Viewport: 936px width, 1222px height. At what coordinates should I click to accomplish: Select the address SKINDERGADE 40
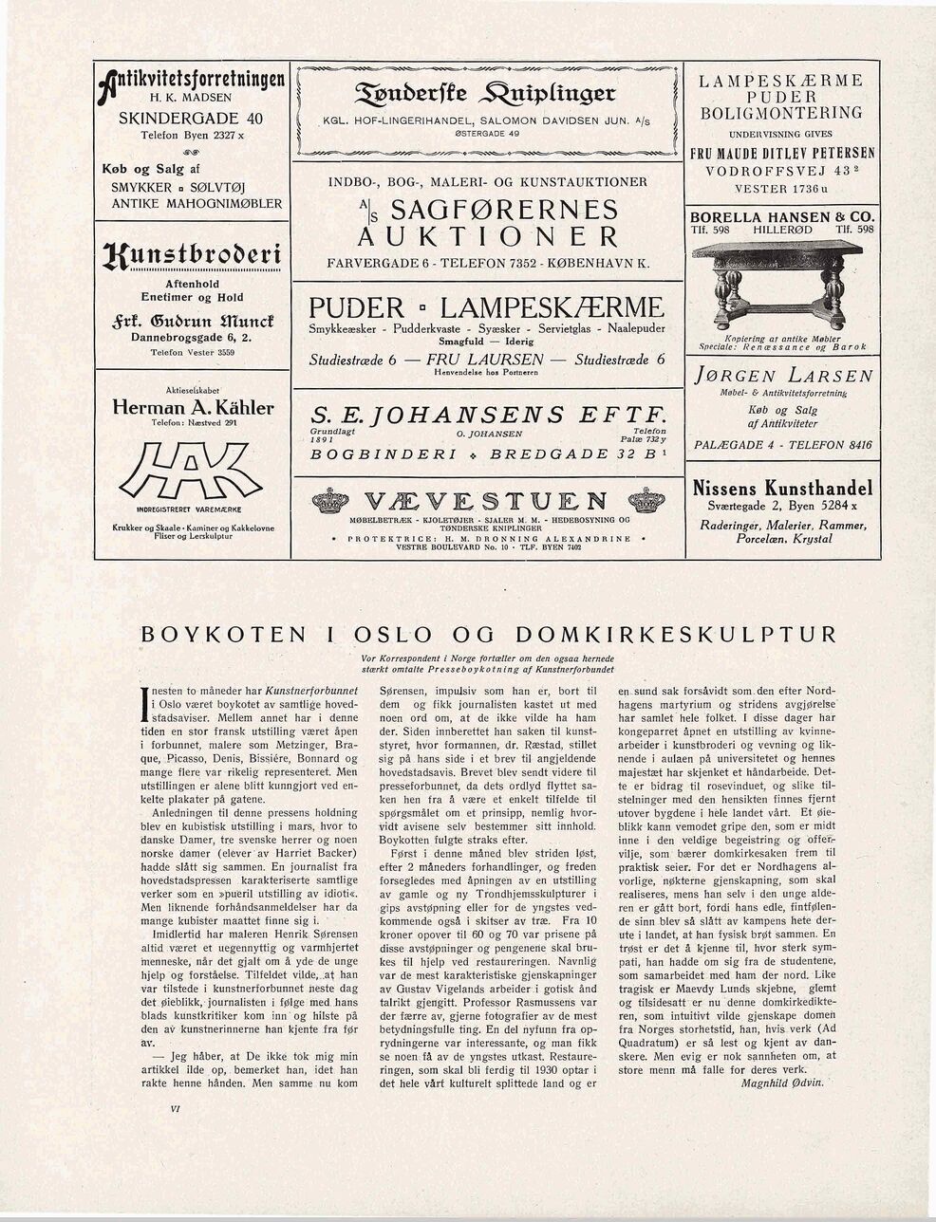click(193, 120)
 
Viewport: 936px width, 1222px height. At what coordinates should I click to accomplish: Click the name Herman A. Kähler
click(193, 408)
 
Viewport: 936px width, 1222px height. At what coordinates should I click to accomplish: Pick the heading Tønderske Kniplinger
click(488, 91)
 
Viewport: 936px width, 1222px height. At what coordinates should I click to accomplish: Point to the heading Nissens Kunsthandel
click(782, 490)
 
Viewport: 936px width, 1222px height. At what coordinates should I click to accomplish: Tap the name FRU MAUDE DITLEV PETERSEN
click(782, 154)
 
